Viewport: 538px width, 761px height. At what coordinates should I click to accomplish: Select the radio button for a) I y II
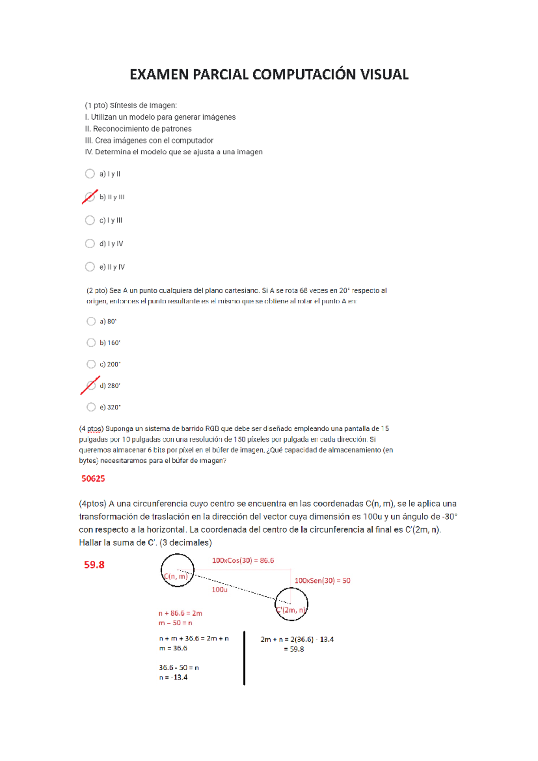click(90, 174)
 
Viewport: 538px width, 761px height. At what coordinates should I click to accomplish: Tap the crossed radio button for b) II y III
click(90, 197)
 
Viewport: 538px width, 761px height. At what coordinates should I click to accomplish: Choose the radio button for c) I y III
click(90, 220)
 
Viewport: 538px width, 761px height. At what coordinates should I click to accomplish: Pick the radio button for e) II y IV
click(90, 267)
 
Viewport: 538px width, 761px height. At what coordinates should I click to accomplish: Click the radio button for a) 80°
click(91, 321)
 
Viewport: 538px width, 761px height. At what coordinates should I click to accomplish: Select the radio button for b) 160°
click(91, 343)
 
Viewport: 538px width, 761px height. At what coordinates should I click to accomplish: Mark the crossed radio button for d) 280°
click(91, 385)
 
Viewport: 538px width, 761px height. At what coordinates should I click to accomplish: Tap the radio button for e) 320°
click(91, 407)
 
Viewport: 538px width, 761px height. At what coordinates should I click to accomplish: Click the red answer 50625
click(93, 479)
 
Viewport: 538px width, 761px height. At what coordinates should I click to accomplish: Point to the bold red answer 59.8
click(94, 565)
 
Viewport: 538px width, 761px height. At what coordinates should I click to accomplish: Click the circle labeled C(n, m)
click(178, 570)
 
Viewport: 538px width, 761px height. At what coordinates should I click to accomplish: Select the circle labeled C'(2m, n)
click(291, 604)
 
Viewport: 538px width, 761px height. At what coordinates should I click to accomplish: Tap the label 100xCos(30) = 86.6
click(243, 560)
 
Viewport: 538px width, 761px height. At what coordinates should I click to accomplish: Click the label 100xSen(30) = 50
click(322, 581)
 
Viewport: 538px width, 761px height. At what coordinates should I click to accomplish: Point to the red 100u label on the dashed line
click(220, 590)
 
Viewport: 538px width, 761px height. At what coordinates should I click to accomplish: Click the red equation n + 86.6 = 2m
click(180, 613)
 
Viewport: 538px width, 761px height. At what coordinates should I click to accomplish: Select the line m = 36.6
click(173, 648)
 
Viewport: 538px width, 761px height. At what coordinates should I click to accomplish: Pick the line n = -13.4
click(173, 678)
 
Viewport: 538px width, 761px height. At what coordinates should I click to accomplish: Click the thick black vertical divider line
click(244, 658)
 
